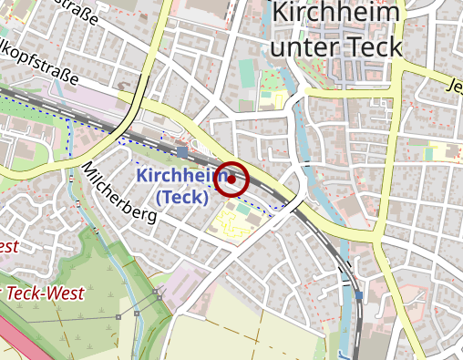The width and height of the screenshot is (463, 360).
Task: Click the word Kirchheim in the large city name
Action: tap(337, 15)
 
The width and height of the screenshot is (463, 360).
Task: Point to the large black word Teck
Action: tap(374, 46)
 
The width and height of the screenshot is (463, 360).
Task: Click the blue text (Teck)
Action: tap(181, 196)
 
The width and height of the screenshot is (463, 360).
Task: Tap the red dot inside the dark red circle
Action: tap(232, 180)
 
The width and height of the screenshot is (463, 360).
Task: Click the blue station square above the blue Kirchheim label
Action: tap(182, 152)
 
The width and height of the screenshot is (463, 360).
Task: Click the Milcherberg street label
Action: tap(118, 193)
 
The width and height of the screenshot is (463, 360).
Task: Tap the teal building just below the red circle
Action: tap(243, 207)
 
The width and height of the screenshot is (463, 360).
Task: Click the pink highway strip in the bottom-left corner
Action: tap(13, 342)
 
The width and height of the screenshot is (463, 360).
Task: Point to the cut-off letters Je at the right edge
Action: tap(454, 87)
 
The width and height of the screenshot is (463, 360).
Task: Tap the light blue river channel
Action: tap(302, 137)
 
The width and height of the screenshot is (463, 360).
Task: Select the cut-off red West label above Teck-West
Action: tap(9, 247)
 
